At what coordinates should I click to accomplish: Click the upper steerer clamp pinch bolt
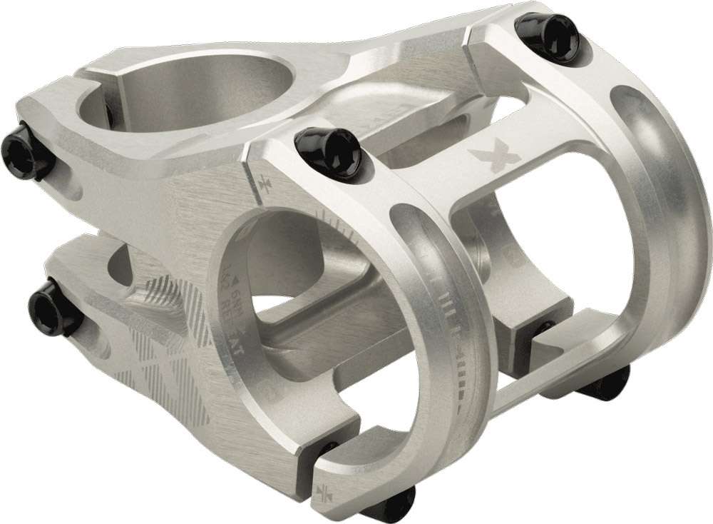pyautogui.click(x=29, y=149)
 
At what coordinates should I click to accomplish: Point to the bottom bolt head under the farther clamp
pyautogui.click(x=604, y=385)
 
